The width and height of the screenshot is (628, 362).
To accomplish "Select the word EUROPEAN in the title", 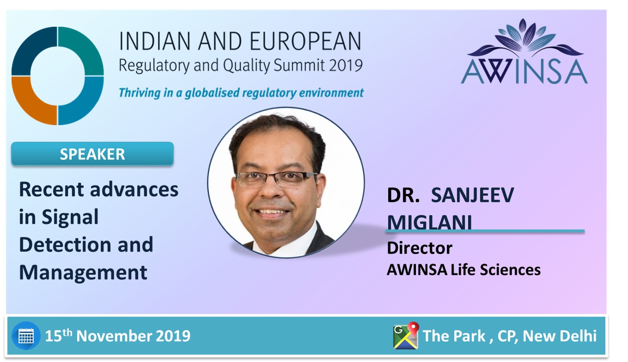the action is click(x=305, y=41).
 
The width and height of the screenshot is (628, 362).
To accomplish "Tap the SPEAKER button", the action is click(x=92, y=154).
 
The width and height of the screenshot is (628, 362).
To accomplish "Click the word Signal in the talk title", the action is click(x=70, y=218).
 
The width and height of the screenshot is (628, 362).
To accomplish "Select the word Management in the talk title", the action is click(x=83, y=272).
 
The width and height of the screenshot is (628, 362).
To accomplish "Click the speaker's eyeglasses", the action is click(x=276, y=179).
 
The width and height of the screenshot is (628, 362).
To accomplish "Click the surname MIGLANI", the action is click(x=430, y=222).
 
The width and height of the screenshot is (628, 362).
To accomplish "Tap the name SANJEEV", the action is click(x=472, y=195).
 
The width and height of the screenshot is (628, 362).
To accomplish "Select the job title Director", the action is click(x=420, y=248).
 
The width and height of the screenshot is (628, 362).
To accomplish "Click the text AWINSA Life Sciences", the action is click(x=464, y=270).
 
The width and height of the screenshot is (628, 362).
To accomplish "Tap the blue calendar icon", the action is click(x=26, y=336).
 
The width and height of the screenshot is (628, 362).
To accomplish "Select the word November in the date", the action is click(x=114, y=336).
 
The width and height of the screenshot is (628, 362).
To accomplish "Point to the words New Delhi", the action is click(x=559, y=336).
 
